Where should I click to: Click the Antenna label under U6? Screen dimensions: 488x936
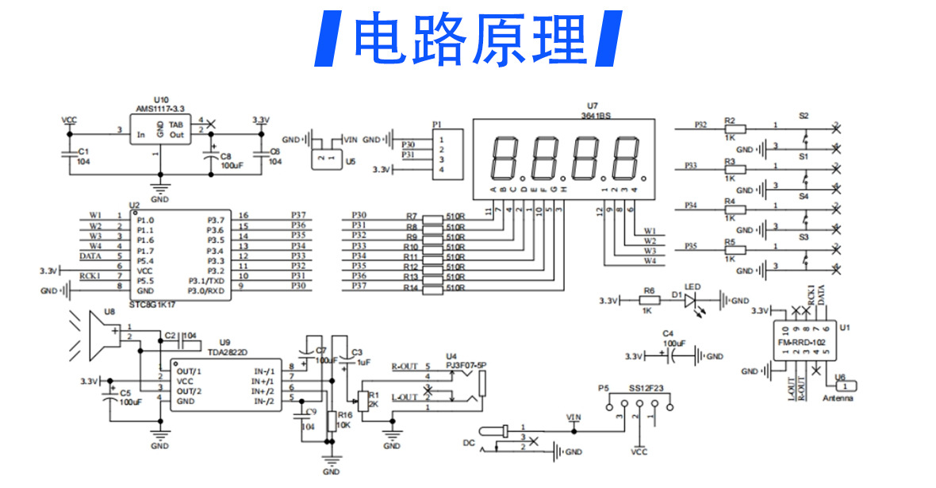point(838,398)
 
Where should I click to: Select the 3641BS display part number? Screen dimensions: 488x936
point(594,116)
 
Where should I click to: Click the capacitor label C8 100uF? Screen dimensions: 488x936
point(230,161)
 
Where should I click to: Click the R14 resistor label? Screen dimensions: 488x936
point(410,287)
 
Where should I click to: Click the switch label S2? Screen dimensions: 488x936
point(804,116)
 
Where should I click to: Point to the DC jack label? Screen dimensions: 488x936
point(469,442)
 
